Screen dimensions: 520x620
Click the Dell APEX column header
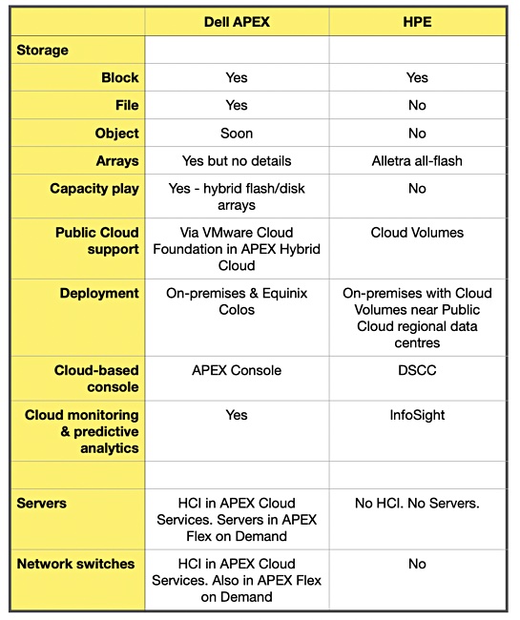(x=237, y=22)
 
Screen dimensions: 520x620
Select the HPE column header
(x=417, y=22)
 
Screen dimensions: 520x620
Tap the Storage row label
(x=42, y=51)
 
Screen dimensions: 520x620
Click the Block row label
(x=120, y=77)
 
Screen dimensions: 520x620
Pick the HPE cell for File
(x=417, y=105)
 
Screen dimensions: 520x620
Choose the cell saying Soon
(x=237, y=134)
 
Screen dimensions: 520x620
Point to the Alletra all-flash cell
(x=417, y=161)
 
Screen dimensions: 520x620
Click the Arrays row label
(x=117, y=161)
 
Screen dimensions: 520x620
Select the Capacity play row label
(x=94, y=189)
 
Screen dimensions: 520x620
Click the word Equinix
(x=284, y=294)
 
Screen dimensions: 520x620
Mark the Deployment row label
(x=99, y=294)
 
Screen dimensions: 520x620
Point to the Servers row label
(x=42, y=504)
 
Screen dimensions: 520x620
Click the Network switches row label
(x=75, y=564)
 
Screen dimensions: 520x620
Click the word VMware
(x=221, y=233)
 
